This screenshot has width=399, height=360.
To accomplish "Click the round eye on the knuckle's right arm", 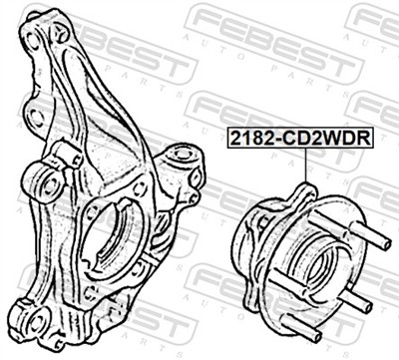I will click(182, 159).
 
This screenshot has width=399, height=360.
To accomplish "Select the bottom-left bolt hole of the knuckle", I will click(37, 319).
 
